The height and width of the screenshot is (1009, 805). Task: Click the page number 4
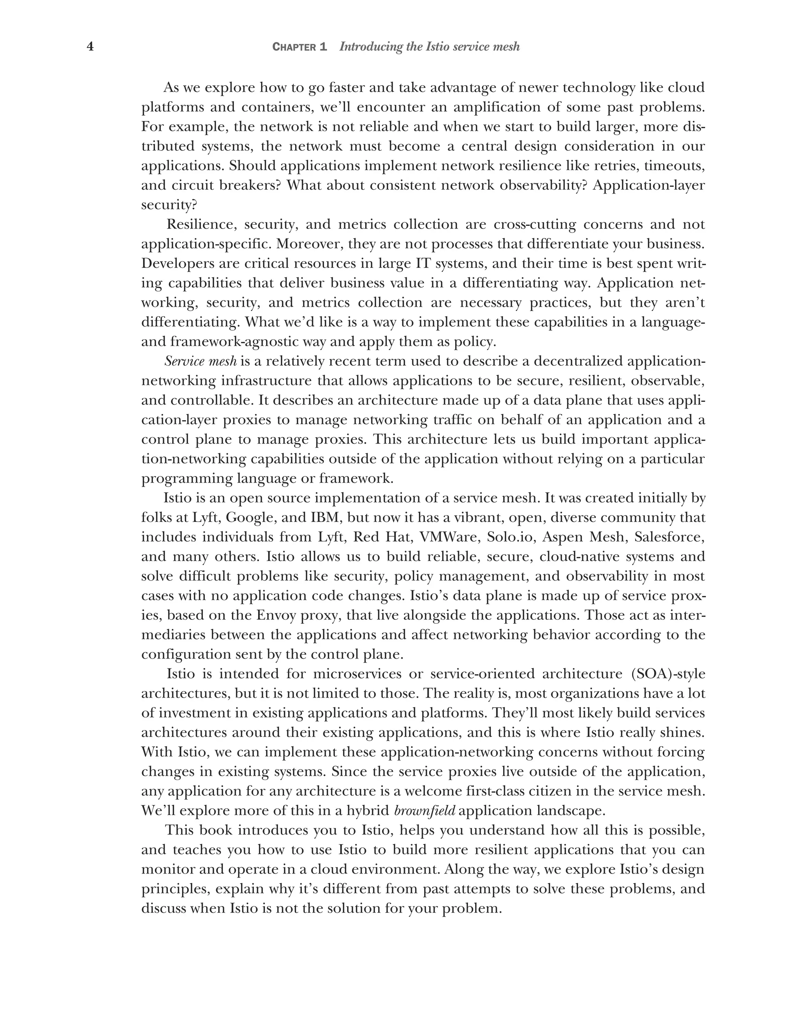(90, 47)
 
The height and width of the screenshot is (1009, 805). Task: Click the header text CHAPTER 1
(299, 47)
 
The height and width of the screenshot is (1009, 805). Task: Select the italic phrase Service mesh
(200, 361)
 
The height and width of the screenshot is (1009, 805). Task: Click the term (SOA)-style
(668, 674)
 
